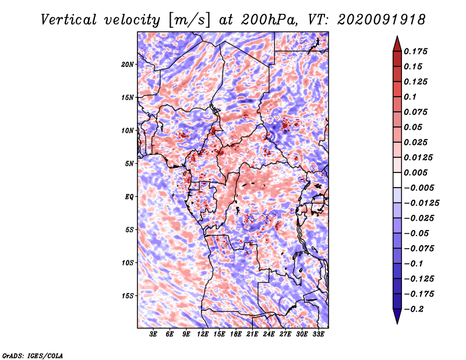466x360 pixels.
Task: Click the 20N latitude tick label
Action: coord(127,65)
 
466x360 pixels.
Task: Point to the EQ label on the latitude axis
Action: coord(129,197)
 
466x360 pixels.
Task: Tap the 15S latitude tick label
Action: coord(127,296)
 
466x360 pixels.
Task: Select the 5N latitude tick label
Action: coord(129,164)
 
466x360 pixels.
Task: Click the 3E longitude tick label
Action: coord(153,334)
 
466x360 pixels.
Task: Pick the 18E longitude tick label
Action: coord(236,334)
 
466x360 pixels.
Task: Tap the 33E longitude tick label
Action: coord(318,334)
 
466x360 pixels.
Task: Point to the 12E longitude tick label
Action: coord(203,334)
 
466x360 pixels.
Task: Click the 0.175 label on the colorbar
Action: coord(415,51)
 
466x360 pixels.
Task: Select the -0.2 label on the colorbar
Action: coord(414,309)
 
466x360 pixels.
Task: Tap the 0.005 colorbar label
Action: coord(415,172)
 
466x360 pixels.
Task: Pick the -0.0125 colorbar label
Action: coord(421,203)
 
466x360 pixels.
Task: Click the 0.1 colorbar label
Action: coord(410,97)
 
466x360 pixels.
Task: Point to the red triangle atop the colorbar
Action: coord(397,44)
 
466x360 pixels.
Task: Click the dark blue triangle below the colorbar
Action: coord(397,316)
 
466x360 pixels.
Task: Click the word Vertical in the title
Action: coord(69,20)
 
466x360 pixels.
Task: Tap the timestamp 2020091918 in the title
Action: coord(382,20)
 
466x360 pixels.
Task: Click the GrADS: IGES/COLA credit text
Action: coord(33,355)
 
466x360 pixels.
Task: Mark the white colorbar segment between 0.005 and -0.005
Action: coord(397,180)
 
